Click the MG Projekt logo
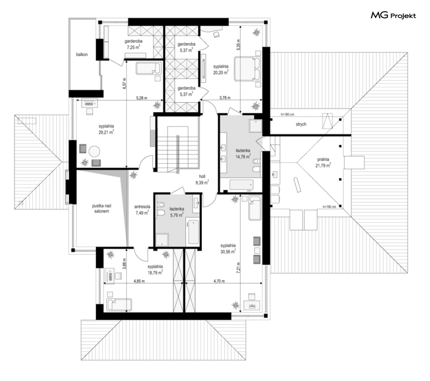(393, 16)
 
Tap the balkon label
(82, 54)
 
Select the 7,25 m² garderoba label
(133, 44)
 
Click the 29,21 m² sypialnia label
(106, 129)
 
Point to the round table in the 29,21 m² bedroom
(94, 151)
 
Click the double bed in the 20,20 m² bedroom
(247, 69)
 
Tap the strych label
(301, 124)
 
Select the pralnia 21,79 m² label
(323, 162)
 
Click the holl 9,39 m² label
(202, 180)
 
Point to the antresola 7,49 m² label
(142, 210)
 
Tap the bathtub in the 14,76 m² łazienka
(242, 185)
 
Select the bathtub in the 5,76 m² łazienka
(194, 232)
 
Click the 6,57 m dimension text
(124, 82)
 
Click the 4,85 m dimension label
(139, 281)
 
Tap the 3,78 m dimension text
(225, 98)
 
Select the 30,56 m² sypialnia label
(228, 249)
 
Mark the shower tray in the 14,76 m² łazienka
(255, 126)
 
